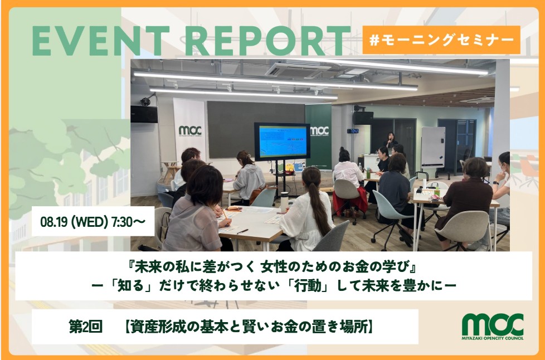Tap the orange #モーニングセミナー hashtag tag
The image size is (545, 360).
pyautogui.click(x=441, y=40)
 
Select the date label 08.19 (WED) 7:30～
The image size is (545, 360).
pyautogui.click(x=93, y=221)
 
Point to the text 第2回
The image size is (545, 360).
pyautogui.click(x=85, y=327)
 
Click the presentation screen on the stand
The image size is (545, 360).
pyautogui.click(x=282, y=142)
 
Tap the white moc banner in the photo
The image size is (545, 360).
pyautogui.click(x=190, y=130)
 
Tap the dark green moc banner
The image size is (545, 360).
pyautogui.click(x=318, y=135)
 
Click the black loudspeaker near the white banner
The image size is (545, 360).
pyautogui.click(x=144, y=114)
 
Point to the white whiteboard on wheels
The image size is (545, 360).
pyautogui.click(x=433, y=147)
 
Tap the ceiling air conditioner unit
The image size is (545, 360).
pyautogui.click(x=297, y=70)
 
